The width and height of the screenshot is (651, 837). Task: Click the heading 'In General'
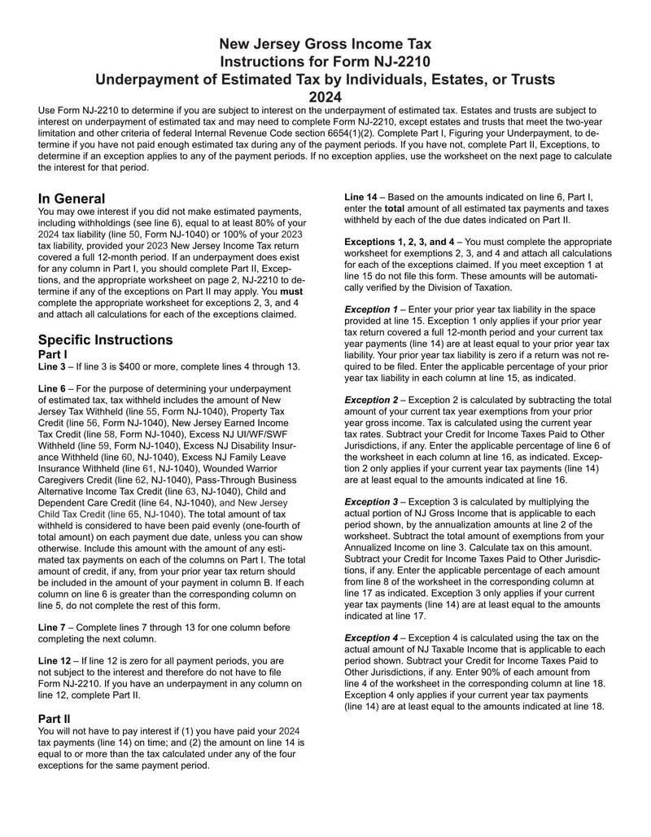coord(72,199)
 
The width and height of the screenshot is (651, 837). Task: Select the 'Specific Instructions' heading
coord(105,340)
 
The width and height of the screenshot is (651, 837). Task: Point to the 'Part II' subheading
coord(57,719)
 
